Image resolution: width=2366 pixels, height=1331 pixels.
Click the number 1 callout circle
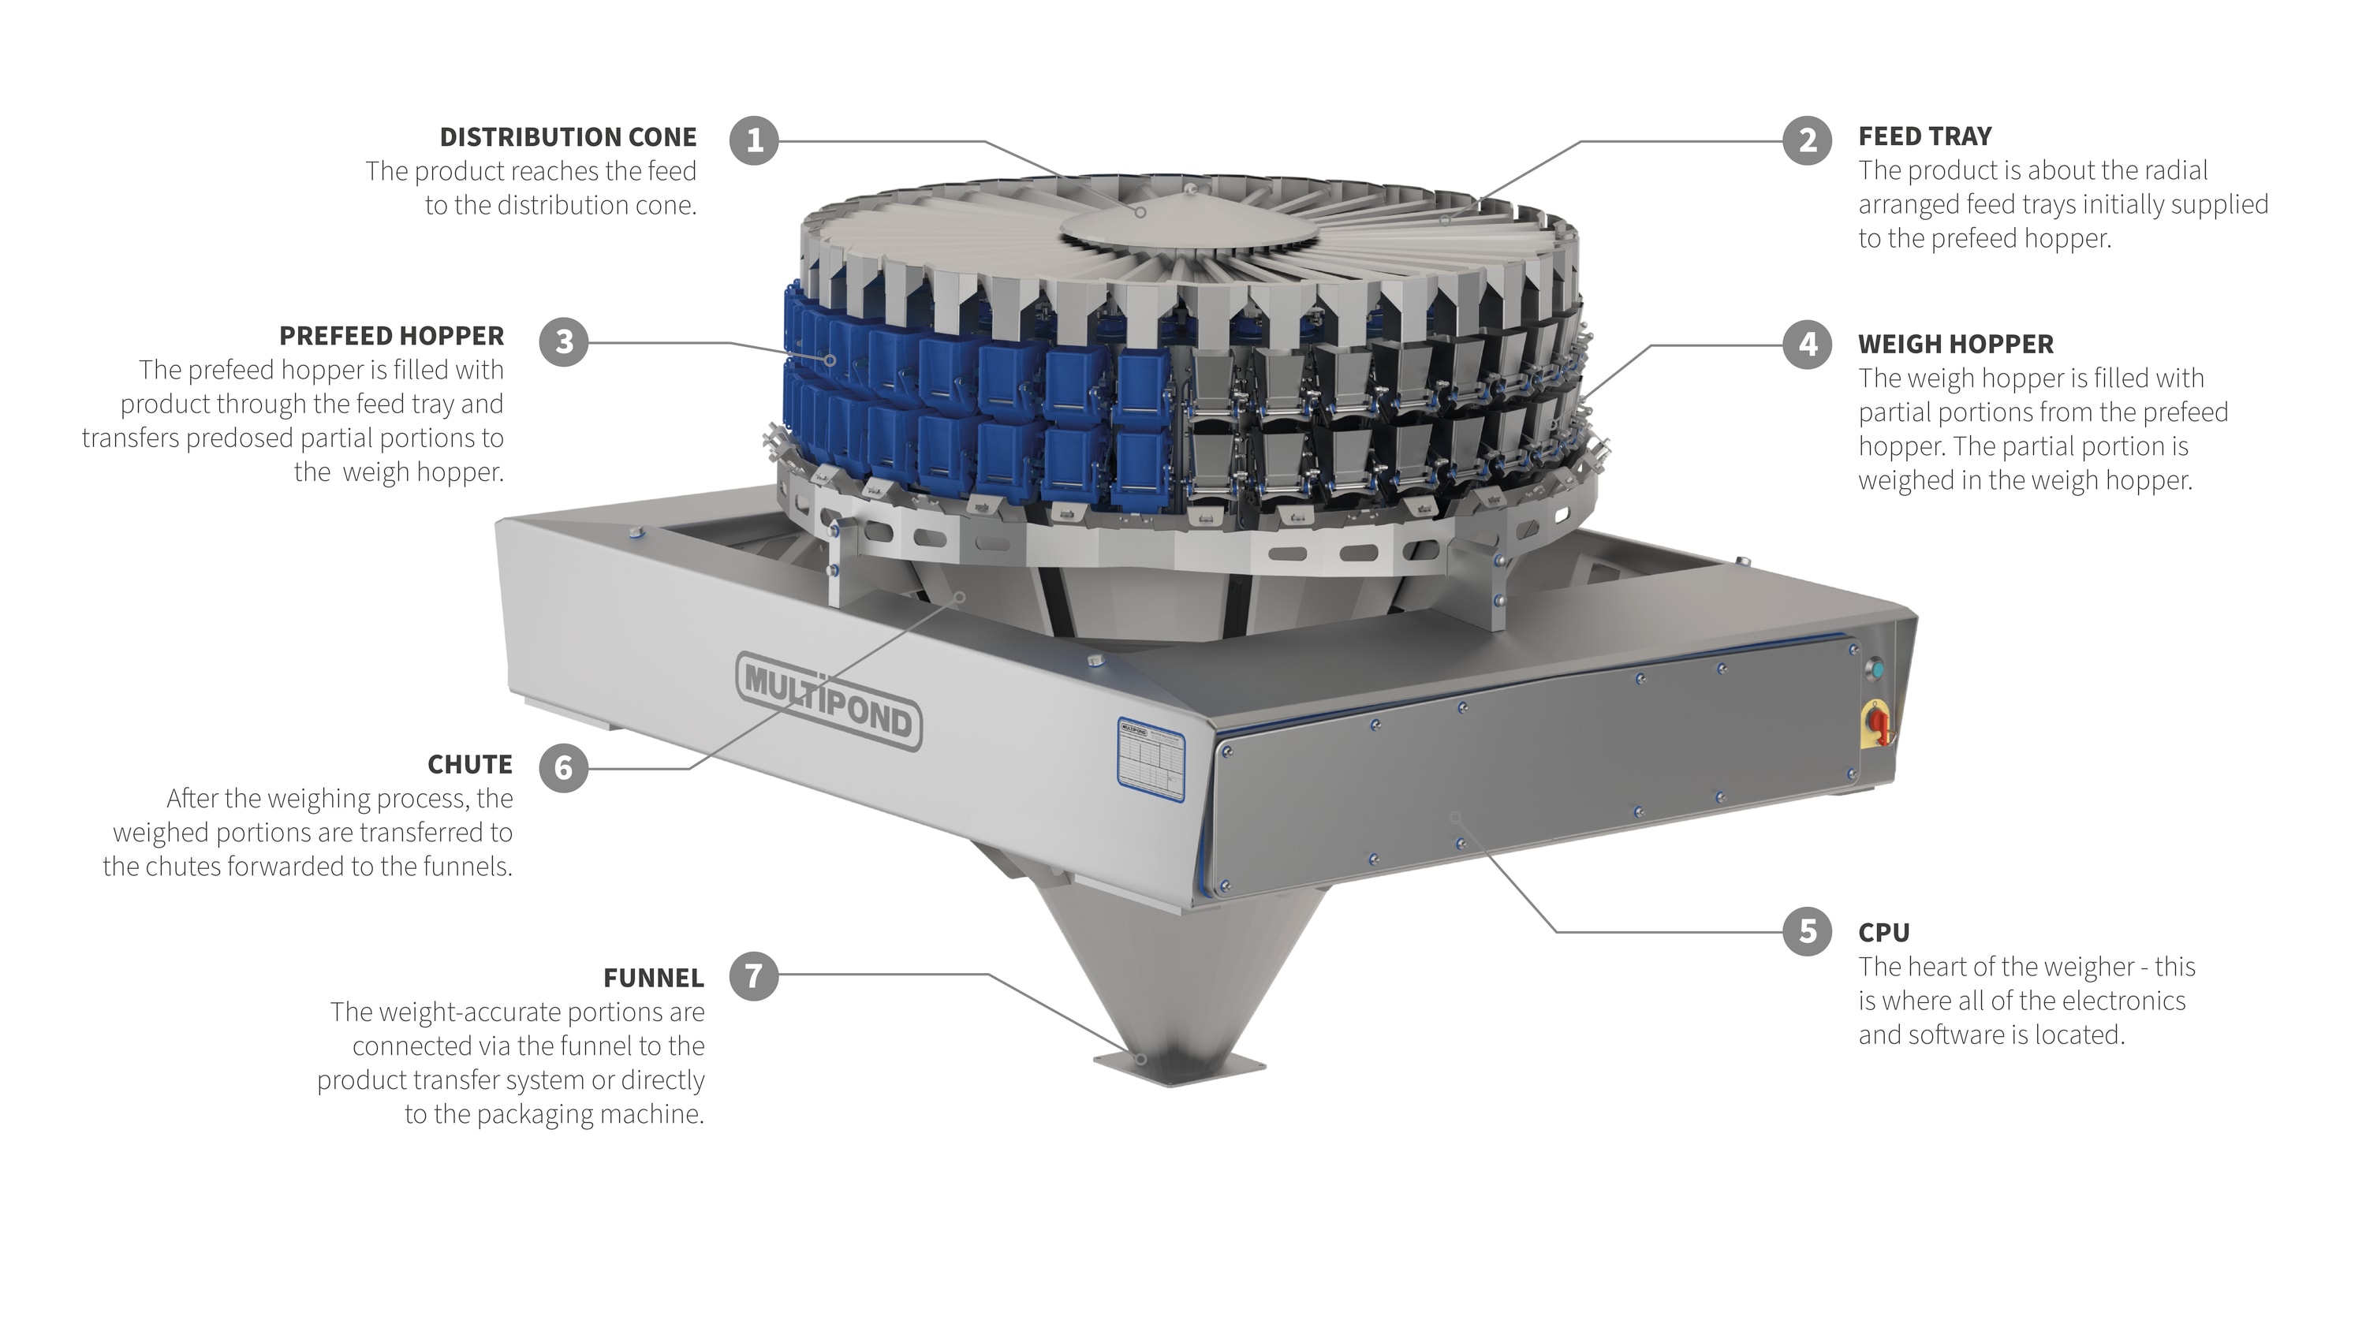click(x=754, y=140)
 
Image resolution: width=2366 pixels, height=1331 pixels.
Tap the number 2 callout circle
click(x=1808, y=140)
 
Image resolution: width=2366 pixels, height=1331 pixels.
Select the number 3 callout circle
click(x=564, y=341)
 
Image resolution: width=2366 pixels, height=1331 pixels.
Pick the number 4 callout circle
click(x=1808, y=345)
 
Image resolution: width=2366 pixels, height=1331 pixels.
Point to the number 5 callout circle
click(x=1808, y=931)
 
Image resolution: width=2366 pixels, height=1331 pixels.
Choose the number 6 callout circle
click(x=563, y=768)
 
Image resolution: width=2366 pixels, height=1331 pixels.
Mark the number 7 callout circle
click(x=754, y=975)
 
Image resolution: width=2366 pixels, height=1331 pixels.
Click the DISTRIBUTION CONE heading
click(x=568, y=137)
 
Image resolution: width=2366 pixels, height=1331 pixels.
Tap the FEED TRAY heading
click(x=1925, y=136)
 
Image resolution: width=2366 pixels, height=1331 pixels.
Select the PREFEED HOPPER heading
click(x=391, y=335)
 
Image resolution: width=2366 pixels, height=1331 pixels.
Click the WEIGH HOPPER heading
click(x=1955, y=344)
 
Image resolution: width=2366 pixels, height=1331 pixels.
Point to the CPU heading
click(x=1884, y=932)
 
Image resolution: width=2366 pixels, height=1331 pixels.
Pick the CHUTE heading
click(x=469, y=764)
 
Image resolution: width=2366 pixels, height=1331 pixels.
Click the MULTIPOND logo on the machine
click(x=828, y=701)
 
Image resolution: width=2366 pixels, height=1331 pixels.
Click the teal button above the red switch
click(x=1876, y=669)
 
